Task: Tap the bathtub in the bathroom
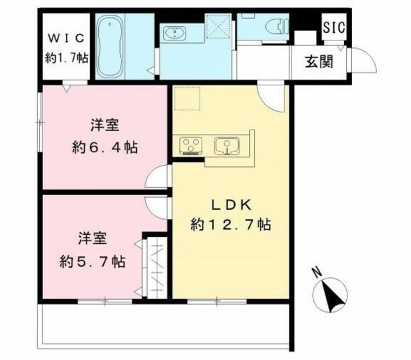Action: click(112, 47)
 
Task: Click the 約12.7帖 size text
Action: click(229, 226)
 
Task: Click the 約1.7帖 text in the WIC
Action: click(67, 58)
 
